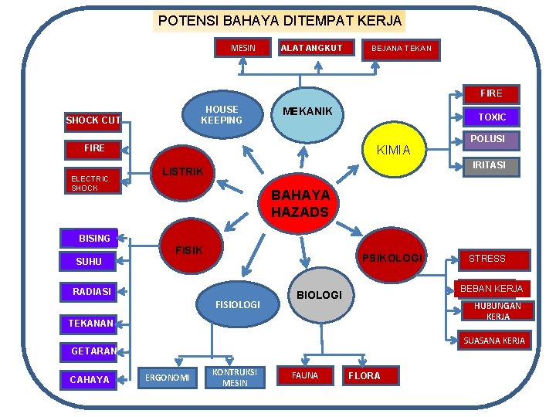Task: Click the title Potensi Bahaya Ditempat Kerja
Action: tap(280, 21)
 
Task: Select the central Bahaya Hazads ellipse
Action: tap(300, 203)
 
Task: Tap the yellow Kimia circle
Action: tap(393, 150)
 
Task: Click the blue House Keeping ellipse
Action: tap(222, 114)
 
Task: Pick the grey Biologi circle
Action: tap(319, 295)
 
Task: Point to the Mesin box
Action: tap(243, 48)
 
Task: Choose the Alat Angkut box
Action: tap(311, 48)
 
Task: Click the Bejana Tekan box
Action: tap(401, 49)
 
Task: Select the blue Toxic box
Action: tap(492, 117)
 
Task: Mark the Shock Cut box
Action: tap(93, 120)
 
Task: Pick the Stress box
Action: tap(487, 259)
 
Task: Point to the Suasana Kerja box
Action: tap(493, 341)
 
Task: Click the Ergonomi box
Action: tap(168, 377)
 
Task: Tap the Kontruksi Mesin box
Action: tap(235, 377)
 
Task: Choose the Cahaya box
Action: tap(90, 379)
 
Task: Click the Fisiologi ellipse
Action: tap(238, 304)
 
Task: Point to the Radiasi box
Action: tap(92, 291)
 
